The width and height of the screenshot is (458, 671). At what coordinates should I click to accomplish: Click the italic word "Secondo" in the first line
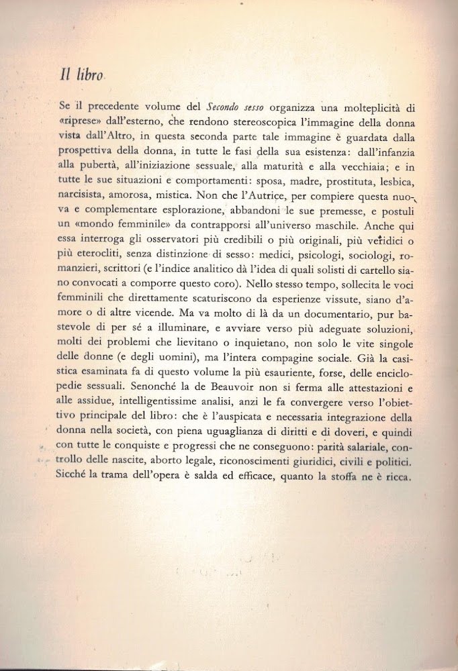click(x=225, y=106)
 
